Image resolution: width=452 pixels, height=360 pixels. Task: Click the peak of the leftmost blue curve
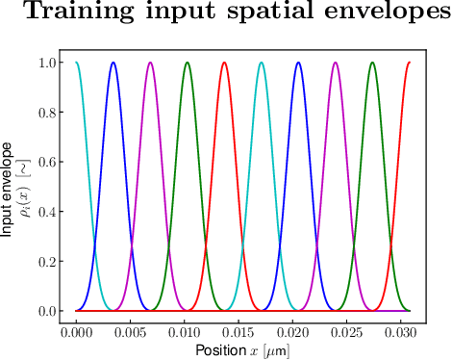(113, 63)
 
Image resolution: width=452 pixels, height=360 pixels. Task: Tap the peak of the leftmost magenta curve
(150, 63)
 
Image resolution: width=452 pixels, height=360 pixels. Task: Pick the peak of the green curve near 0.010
(188, 63)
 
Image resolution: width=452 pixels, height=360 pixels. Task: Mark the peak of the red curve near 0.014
(224, 63)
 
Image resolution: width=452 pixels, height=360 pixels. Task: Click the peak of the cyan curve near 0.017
(262, 63)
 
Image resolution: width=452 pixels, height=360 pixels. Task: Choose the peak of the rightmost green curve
(372, 63)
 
